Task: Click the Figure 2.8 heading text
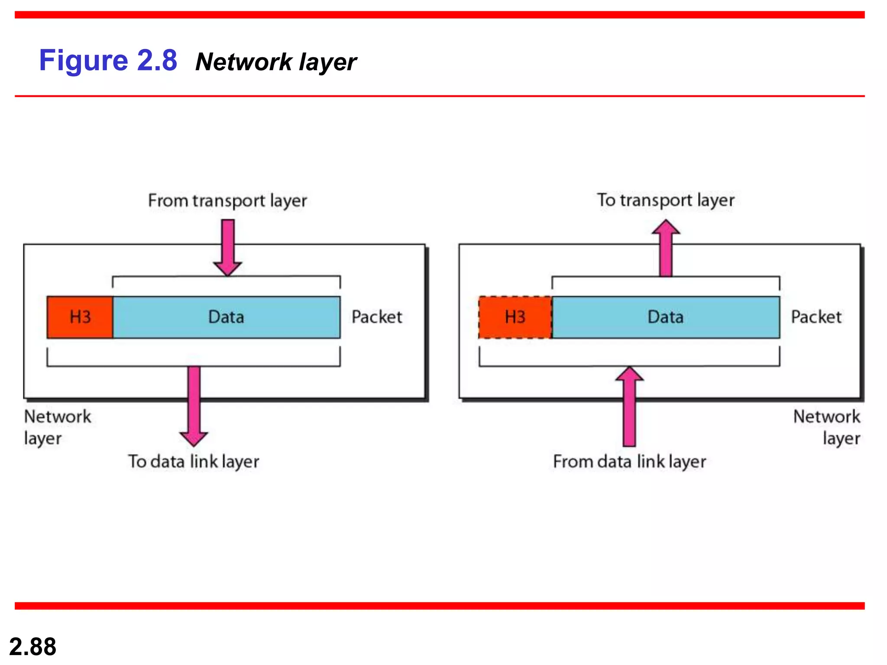coord(108,61)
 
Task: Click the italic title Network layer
coord(276,62)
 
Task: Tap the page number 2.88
coord(32,646)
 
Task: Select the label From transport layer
coord(227,201)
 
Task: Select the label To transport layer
coord(666,200)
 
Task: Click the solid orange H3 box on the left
coord(80,317)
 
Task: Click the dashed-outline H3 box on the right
coord(515,317)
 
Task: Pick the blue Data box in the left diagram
coord(226,317)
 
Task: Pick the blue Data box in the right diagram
coord(666,317)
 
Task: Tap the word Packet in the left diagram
coord(377,317)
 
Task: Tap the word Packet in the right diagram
coord(816,317)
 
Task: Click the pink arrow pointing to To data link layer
coord(194,405)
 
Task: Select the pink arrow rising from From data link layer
coord(629,407)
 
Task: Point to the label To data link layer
coord(194,462)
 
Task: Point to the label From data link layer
coord(629,462)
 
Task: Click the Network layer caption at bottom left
coord(57,427)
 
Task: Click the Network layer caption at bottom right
coord(826,427)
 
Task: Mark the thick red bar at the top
coord(440,15)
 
